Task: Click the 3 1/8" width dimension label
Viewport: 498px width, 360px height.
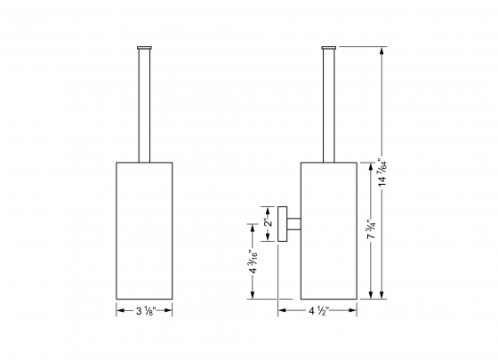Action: (x=143, y=312)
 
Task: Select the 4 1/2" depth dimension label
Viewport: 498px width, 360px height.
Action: (x=317, y=312)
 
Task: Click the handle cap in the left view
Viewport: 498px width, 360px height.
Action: (x=144, y=44)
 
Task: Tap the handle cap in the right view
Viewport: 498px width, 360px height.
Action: (x=326, y=44)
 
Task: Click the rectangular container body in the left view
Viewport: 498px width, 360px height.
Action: (x=144, y=231)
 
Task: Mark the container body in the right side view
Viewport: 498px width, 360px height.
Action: (x=329, y=231)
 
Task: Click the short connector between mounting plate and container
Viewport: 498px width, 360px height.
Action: (x=294, y=222)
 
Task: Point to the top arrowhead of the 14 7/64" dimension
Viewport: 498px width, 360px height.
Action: (x=382, y=46)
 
